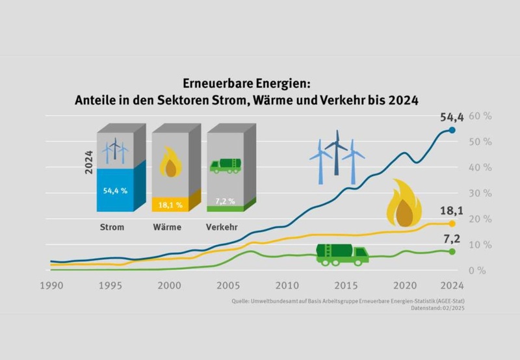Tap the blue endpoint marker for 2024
click(x=452, y=130)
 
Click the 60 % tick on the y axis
click(x=480, y=116)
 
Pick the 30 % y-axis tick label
click(x=480, y=193)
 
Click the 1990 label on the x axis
click(x=53, y=285)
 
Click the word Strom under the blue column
click(x=112, y=227)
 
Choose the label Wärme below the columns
click(x=168, y=227)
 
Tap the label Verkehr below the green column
click(x=222, y=227)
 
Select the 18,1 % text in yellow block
click(x=171, y=205)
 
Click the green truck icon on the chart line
click(x=342, y=253)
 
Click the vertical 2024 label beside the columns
click(x=90, y=163)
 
